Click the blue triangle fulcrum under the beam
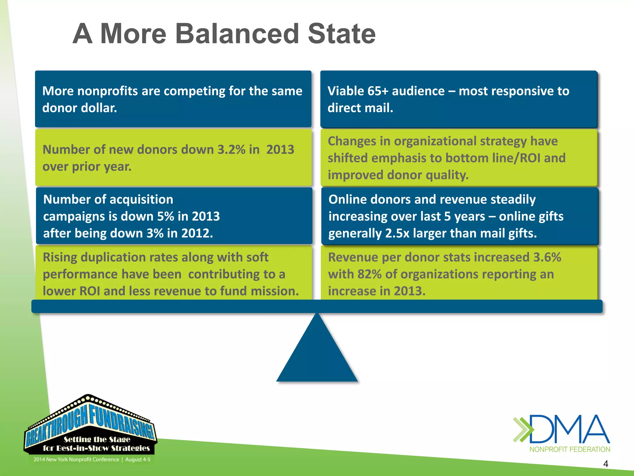pyautogui.click(x=317, y=356)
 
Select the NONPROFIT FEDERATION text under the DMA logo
pyautogui.click(x=570, y=449)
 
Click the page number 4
pyautogui.click(x=606, y=464)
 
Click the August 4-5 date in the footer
pyautogui.click(x=138, y=460)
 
